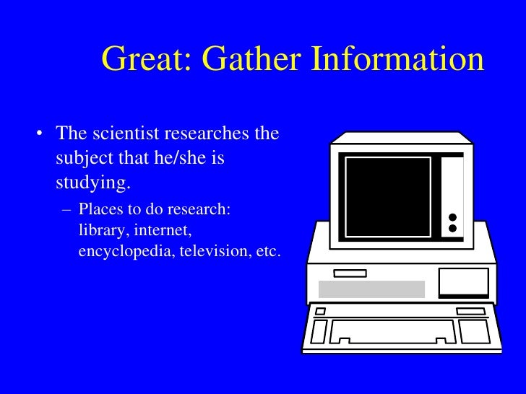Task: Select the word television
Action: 210,253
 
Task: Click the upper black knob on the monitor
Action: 453,216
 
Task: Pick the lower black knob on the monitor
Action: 453,228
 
